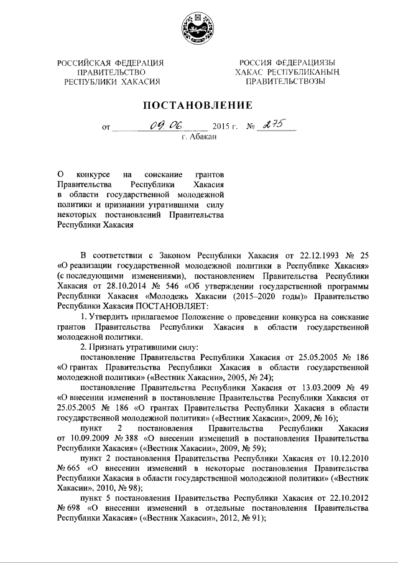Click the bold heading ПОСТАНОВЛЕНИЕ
pyautogui.click(x=198, y=104)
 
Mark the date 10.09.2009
pyautogui.click(x=81, y=436)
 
